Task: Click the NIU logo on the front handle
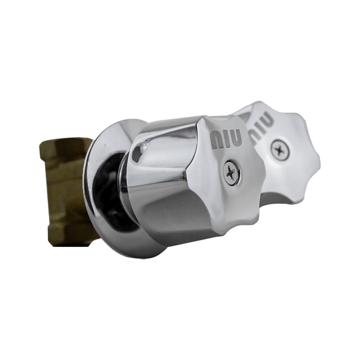pos(226,138)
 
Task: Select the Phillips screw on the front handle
pos(232,172)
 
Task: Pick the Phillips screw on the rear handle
pos(280,150)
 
